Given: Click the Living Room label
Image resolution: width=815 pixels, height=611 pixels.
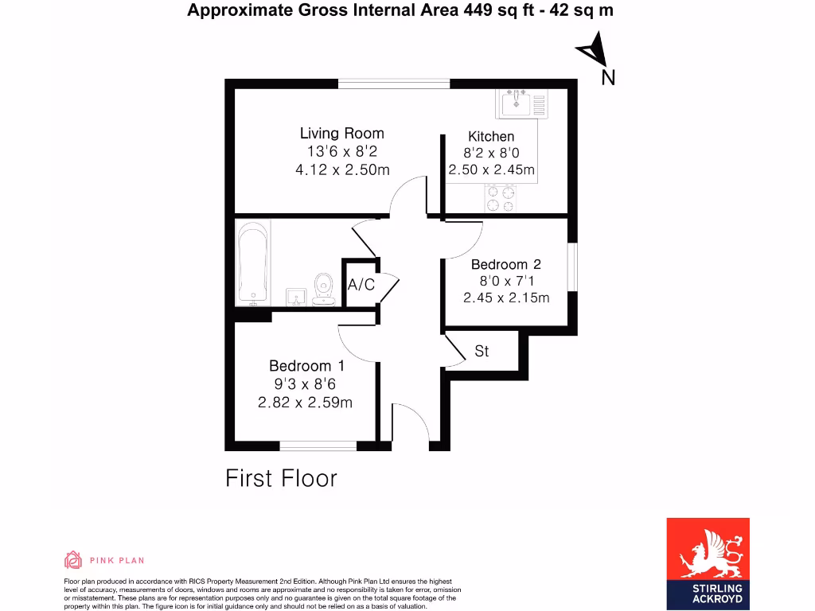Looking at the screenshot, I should point(341,134).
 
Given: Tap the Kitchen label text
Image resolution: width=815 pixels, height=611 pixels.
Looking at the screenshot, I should point(491,136).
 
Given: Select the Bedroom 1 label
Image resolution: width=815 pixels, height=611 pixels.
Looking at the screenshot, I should point(306,366).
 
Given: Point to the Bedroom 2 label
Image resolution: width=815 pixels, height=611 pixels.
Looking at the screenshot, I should point(506,264).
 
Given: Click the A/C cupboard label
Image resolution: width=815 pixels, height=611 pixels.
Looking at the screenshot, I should point(361,285).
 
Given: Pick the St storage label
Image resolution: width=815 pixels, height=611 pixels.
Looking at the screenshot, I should point(482,351).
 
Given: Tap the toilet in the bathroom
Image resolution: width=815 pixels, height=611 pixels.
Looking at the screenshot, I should point(324,289).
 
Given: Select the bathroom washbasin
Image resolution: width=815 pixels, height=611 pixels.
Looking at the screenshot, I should point(295,296).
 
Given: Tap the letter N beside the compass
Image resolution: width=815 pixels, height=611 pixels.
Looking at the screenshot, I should point(608,77).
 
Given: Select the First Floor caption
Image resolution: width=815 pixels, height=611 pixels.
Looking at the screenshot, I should point(281,478).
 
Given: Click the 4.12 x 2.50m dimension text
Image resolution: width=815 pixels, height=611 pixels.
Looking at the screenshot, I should point(341,169).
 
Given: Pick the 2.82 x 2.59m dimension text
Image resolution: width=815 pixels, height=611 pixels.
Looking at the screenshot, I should point(305,403).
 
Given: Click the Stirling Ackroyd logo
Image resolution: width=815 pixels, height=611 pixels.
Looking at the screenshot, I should point(708,563).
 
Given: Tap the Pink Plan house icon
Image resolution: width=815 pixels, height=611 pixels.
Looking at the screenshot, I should point(73,560).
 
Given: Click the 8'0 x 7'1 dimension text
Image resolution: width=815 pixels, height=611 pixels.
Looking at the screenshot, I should point(506,281).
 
